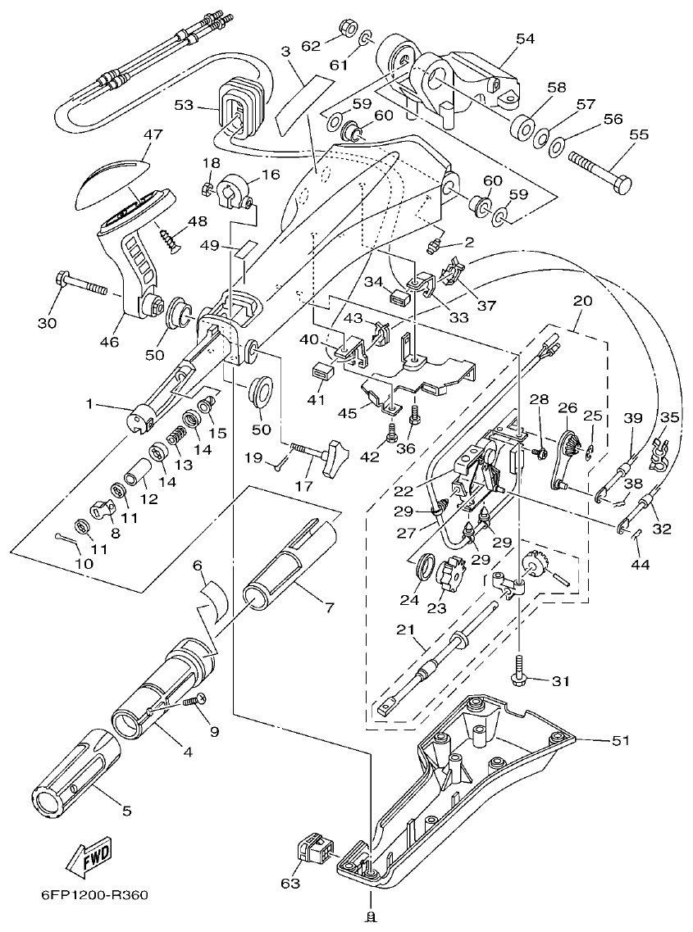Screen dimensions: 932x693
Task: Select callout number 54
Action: click(524, 39)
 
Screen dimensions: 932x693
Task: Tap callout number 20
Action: click(582, 301)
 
